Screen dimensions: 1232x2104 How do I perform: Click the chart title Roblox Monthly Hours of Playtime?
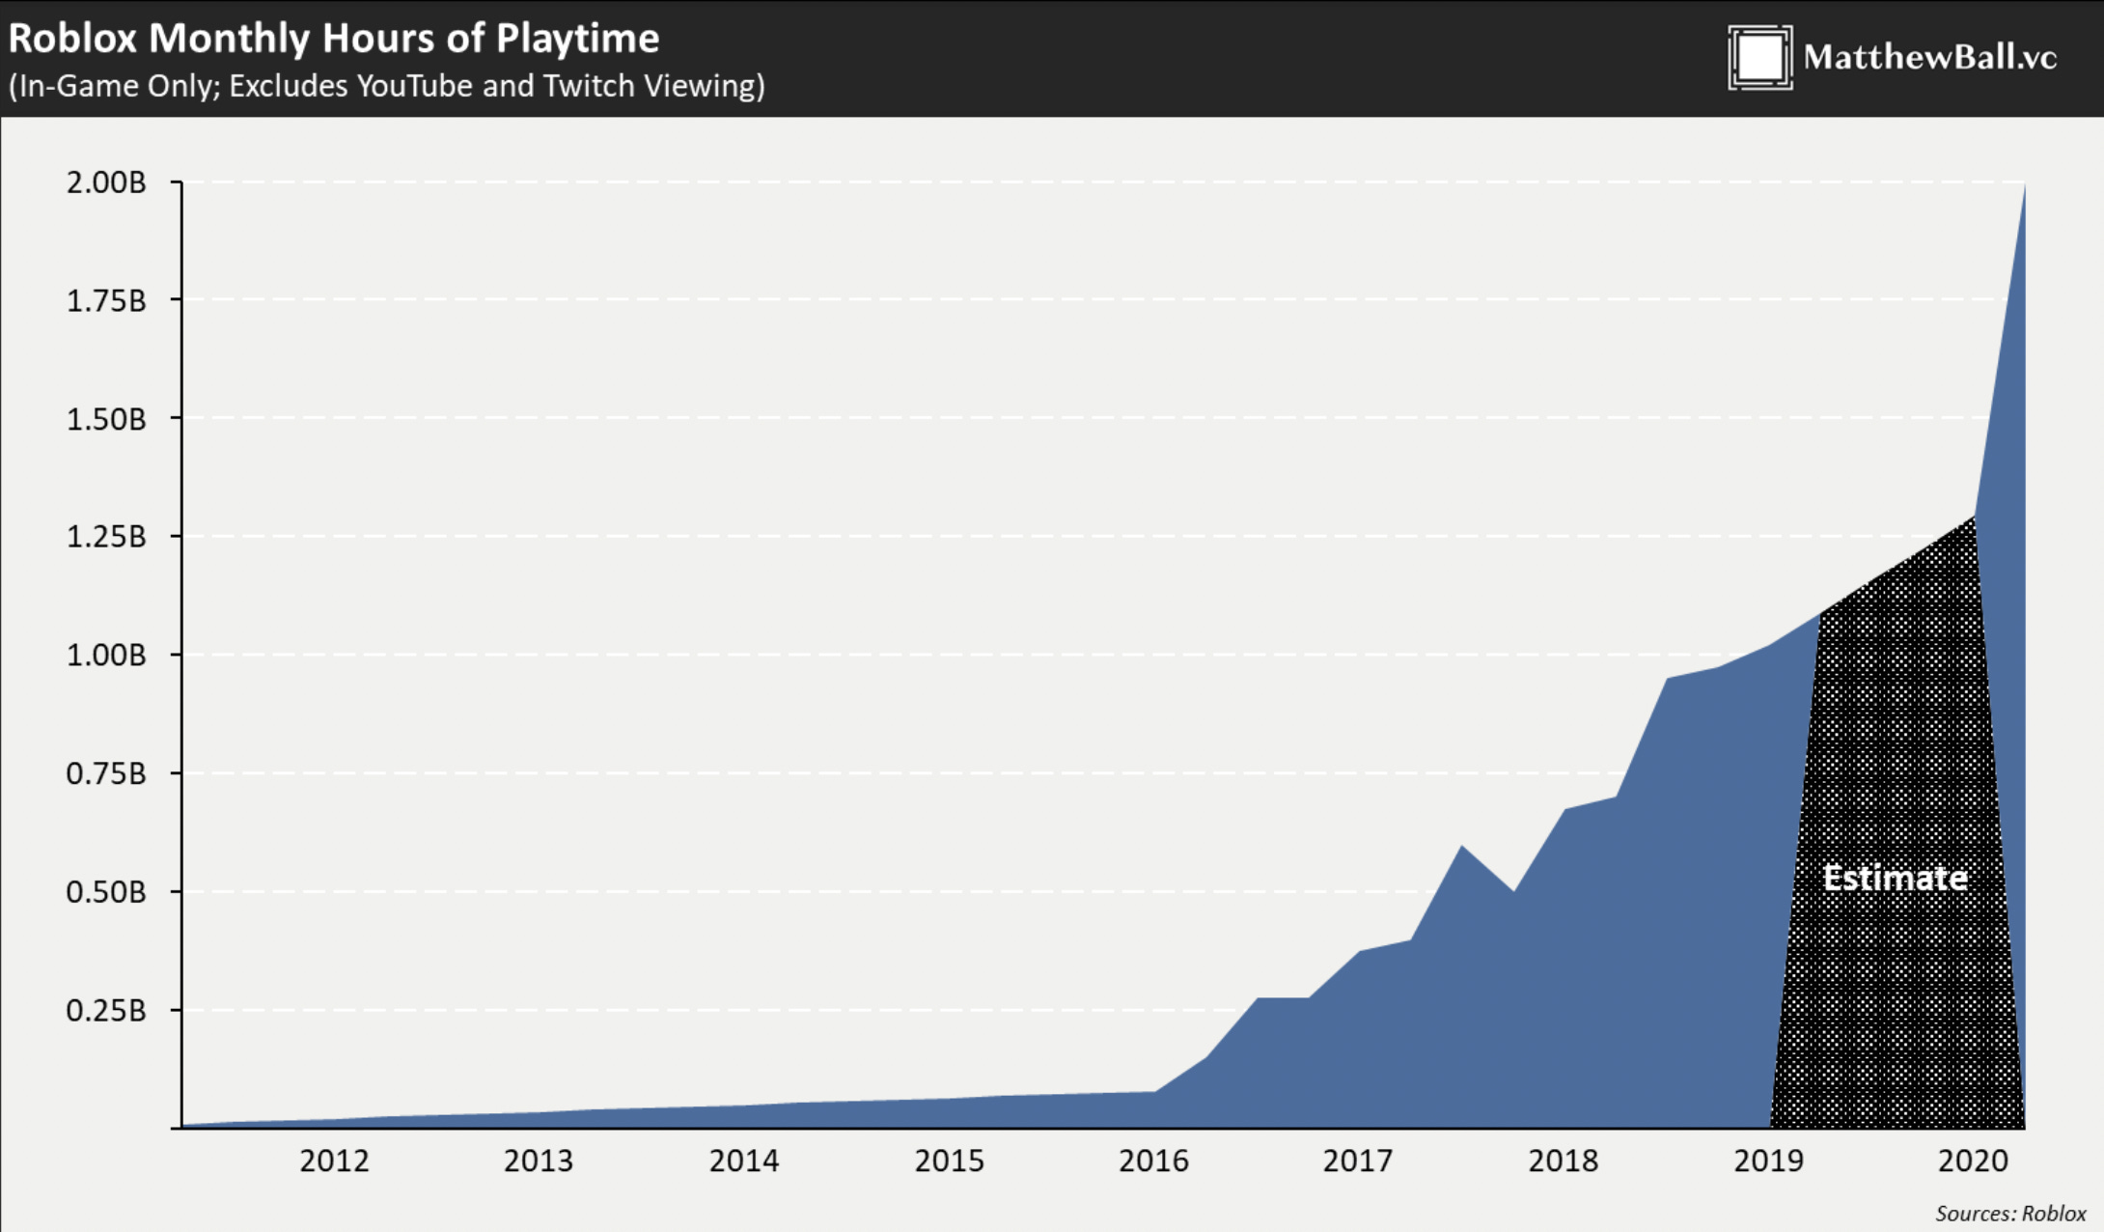point(333,39)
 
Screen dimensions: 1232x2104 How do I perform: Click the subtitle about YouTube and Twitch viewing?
point(386,86)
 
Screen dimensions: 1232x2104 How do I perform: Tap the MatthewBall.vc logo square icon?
point(1759,58)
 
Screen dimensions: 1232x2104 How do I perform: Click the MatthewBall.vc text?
point(1929,57)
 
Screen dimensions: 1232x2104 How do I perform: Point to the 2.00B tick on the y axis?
point(106,182)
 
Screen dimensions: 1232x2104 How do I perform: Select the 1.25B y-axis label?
point(106,537)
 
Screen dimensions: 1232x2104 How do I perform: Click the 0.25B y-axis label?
point(106,1011)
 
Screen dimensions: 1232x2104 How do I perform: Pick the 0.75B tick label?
point(106,774)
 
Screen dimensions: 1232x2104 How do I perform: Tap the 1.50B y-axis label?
point(106,419)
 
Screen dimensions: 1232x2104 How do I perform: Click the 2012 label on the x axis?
point(334,1161)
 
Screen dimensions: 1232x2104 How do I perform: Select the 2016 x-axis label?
point(1153,1161)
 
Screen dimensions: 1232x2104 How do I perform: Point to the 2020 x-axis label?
point(1973,1161)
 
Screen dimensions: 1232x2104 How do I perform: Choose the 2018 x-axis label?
point(1563,1161)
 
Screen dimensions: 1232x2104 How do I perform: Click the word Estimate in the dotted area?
point(1895,878)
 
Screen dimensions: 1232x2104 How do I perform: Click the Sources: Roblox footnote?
point(2010,1214)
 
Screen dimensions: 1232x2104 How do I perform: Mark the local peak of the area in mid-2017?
point(1462,847)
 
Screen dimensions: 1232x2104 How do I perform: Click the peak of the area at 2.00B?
point(2024,185)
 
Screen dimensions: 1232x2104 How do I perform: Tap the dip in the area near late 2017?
point(1513,890)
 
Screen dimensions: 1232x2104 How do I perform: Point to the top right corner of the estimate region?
point(1973,518)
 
